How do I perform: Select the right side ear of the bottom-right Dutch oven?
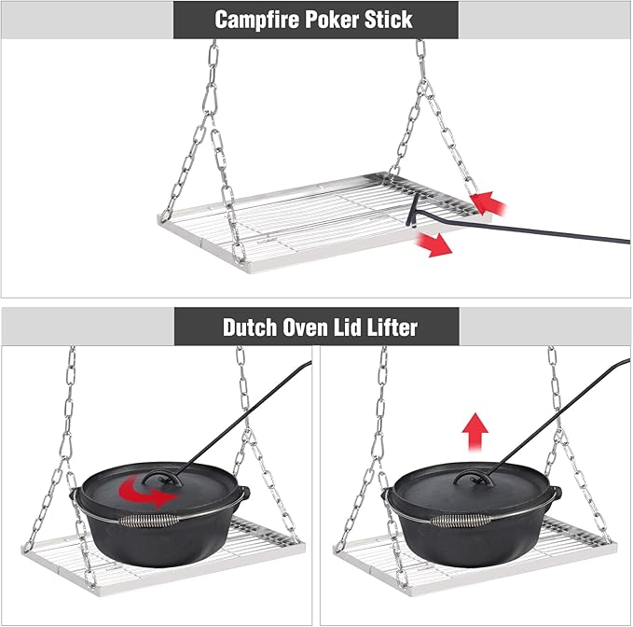coord(557,495)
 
